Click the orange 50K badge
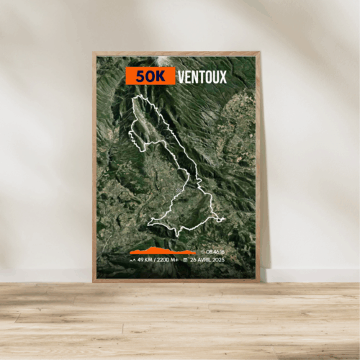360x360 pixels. tap(150, 76)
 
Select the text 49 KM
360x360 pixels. tap(146, 259)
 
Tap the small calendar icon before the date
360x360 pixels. tap(186, 259)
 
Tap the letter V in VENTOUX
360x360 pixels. tap(181, 76)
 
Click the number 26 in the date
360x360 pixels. tap(194, 259)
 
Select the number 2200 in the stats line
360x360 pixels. tap(164, 259)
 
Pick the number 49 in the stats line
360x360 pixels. tap(140, 259)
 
